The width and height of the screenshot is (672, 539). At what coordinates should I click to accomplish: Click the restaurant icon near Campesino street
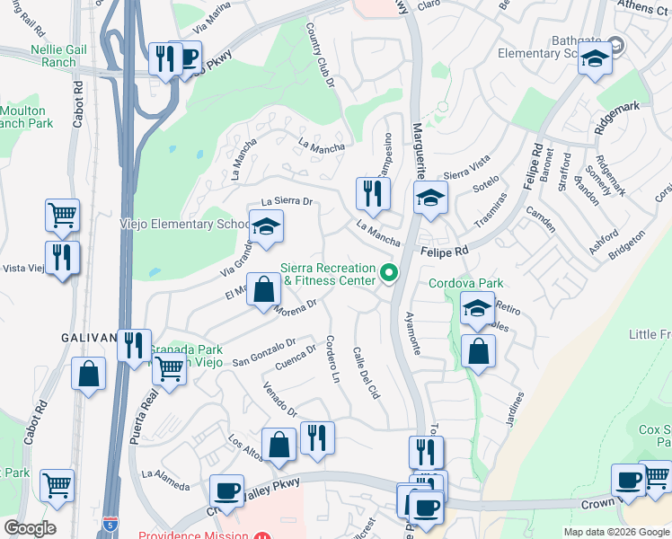[373, 193]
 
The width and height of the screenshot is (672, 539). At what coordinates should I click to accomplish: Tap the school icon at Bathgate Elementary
[595, 60]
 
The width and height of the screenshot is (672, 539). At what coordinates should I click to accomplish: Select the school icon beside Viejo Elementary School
[266, 228]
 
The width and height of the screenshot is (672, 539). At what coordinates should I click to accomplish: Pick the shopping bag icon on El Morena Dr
[263, 290]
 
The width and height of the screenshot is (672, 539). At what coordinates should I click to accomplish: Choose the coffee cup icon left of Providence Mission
[226, 491]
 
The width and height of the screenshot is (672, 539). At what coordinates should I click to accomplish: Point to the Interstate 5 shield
[110, 522]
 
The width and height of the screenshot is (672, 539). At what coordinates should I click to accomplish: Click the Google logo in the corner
[30, 528]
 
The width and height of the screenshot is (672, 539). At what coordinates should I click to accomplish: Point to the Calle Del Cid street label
[367, 374]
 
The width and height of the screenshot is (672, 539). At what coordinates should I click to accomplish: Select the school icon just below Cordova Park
[477, 307]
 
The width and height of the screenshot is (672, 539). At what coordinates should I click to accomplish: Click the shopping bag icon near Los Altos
[279, 445]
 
